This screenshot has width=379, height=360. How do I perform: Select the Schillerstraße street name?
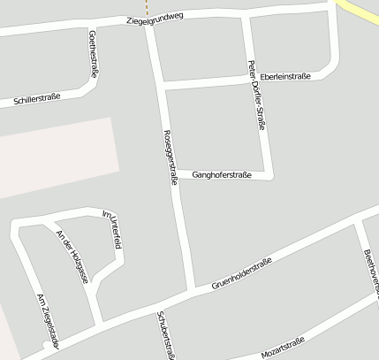[37, 97]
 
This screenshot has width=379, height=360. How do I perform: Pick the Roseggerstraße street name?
[171, 157]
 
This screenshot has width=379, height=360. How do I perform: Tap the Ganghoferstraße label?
[222, 174]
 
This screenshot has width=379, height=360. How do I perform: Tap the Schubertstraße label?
[166, 335]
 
